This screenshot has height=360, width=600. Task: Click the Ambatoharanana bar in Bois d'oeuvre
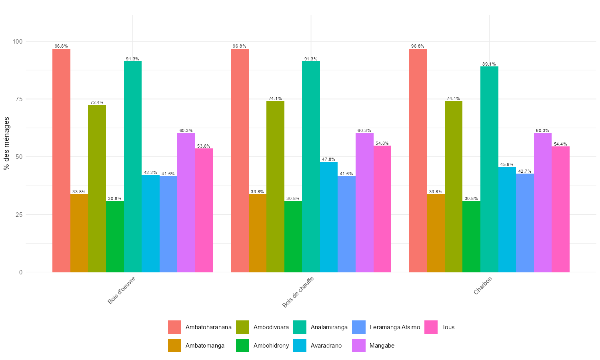(61, 160)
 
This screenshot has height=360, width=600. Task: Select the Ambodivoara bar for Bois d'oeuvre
(97, 188)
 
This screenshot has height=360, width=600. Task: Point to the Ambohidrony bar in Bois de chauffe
(293, 236)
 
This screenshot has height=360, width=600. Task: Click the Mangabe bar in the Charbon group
(543, 202)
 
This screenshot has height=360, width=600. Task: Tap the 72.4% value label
(97, 103)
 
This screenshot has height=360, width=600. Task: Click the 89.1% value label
(489, 64)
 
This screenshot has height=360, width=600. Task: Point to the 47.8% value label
(329, 159)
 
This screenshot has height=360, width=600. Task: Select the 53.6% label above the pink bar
(204, 146)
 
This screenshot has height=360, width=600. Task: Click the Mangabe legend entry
(382, 346)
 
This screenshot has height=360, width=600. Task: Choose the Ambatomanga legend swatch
(174, 346)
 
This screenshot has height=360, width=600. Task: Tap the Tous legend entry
(448, 327)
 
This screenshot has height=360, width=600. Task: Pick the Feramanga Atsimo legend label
(394, 327)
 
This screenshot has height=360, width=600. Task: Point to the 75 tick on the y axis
(18, 99)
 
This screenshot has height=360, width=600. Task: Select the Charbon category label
(482, 286)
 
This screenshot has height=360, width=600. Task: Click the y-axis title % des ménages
(6, 143)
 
